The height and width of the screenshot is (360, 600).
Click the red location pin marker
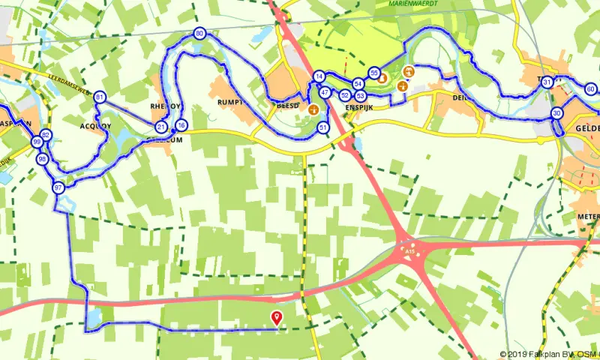(x=277, y=319)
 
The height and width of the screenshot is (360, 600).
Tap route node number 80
(x=199, y=34)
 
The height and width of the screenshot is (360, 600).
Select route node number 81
(x=100, y=97)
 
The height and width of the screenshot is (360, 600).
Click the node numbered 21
(x=161, y=127)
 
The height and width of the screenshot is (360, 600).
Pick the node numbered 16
(x=181, y=125)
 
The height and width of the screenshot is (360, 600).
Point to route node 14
(x=319, y=76)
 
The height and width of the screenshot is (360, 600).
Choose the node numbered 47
(x=325, y=92)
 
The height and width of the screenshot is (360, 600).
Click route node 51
(x=322, y=128)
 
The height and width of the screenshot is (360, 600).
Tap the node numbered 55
(x=374, y=72)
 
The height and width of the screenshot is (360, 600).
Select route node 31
(x=548, y=82)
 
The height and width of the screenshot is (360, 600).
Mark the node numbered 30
(x=556, y=113)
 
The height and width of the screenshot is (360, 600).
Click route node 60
(x=591, y=89)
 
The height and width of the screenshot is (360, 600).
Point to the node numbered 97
(x=58, y=187)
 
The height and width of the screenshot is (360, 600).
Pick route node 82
(x=46, y=135)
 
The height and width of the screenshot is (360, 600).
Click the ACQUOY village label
(x=94, y=126)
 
